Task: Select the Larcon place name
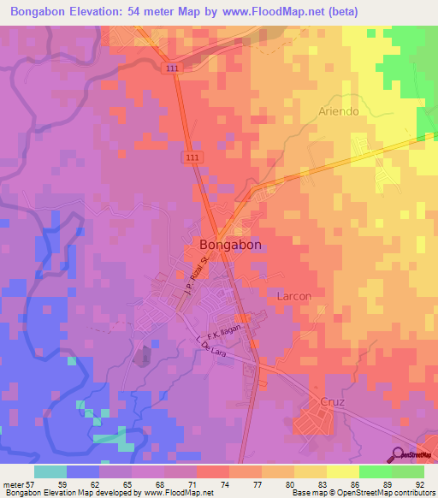click(293, 295)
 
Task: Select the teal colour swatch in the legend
click(50, 471)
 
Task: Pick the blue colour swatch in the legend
click(83, 471)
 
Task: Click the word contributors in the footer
click(414, 494)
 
